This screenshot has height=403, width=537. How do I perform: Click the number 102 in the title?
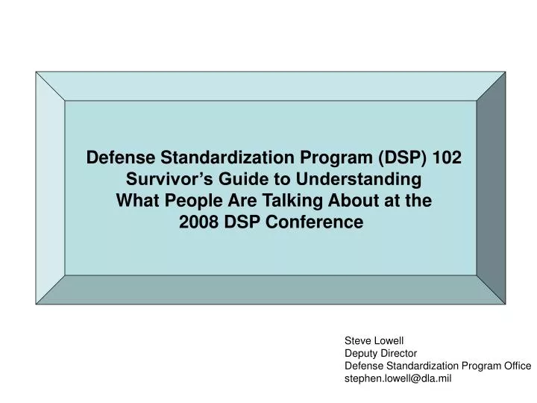coord(446,158)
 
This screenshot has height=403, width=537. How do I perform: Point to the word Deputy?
coord(359,354)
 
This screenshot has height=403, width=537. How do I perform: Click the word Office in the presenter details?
coord(515,366)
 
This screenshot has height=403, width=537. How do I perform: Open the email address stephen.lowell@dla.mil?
coord(398,378)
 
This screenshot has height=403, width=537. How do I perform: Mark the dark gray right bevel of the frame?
coord(491,188)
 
